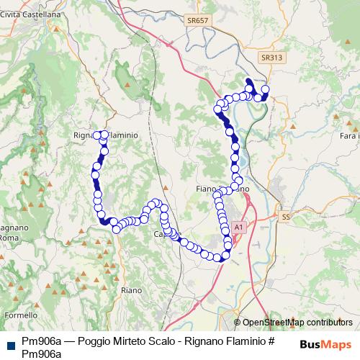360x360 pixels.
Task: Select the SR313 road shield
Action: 271,57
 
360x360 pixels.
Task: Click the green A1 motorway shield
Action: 239,227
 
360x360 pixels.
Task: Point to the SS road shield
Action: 286,216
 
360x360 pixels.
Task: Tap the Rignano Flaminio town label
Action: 105,135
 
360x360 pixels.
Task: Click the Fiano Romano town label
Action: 222,189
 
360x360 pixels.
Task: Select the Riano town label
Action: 132,289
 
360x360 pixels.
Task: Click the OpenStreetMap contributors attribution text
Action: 298,323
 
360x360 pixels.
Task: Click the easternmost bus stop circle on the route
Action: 265,89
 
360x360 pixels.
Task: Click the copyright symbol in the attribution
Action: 238,323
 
